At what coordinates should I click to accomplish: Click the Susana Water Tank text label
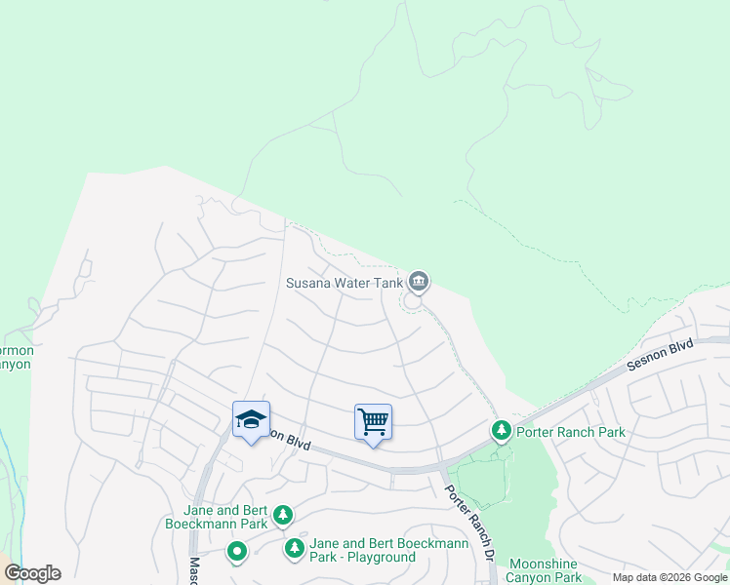coord(344,283)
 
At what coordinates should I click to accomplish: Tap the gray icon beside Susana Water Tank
coord(419,282)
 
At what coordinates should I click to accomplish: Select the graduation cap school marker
coord(251,420)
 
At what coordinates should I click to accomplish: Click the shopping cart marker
coord(373,422)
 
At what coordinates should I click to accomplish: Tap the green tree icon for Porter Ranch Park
coord(502,430)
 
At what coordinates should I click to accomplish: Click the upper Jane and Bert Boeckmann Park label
coord(225,517)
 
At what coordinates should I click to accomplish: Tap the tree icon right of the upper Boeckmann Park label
coord(283,514)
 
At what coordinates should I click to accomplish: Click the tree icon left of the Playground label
coord(294,550)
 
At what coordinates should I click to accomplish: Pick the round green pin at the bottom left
coord(236,553)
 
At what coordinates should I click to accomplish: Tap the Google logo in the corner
coord(32,573)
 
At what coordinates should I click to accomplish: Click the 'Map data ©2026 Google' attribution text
coord(669,577)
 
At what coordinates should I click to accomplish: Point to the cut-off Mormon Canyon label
coord(16,357)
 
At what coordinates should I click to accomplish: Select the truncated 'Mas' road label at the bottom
coord(194,570)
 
